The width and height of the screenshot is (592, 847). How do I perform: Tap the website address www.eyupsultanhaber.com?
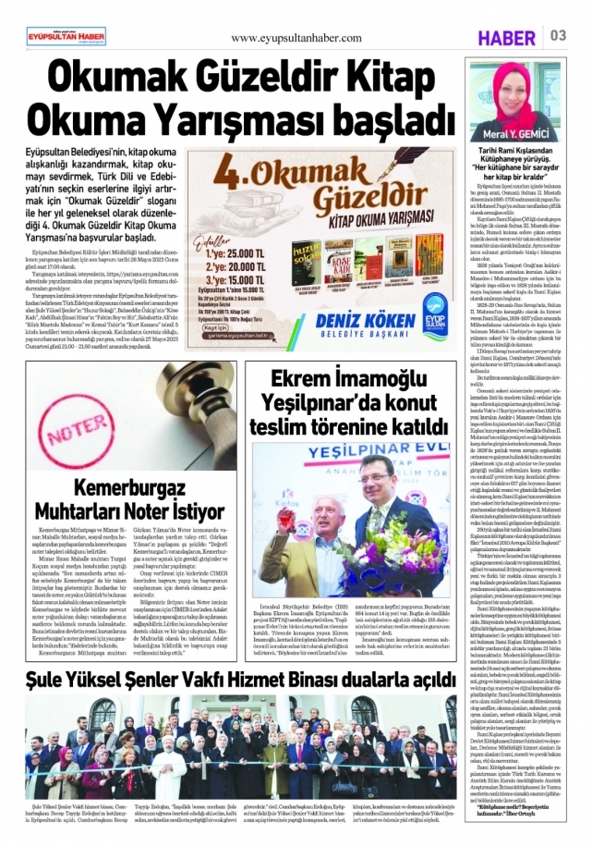click(x=296, y=38)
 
